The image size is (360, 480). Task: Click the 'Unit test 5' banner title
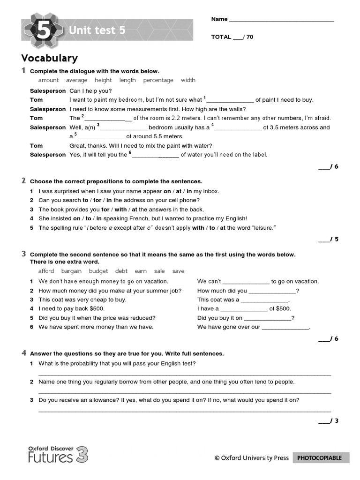tap(97, 30)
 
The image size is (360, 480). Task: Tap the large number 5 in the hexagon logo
tap(42, 31)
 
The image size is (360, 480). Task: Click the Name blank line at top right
tap(281, 20)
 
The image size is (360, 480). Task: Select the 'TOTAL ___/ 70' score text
tap(232, 37)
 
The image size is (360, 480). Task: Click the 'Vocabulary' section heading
tap(49, 58)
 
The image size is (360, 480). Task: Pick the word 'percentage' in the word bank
tap(158, 80)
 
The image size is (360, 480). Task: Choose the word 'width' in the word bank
tap(188, 80)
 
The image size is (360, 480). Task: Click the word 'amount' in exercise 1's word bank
tap(48, 80)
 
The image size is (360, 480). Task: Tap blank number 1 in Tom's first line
tap(230, 100)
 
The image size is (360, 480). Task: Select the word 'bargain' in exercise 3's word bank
tap(71, 271)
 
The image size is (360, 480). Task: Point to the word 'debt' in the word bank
tap(121, 271)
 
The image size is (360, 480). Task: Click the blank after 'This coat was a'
tap(264, 300)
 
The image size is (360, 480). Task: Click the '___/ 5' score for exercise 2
tap(328, 240)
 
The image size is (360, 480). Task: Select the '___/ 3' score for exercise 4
tap(328, 421)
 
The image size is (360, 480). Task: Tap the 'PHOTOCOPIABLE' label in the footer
tap(321, 458)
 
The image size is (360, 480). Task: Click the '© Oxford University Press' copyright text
tap(251, 458)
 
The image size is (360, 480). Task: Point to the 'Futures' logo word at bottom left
tap(50, 457)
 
